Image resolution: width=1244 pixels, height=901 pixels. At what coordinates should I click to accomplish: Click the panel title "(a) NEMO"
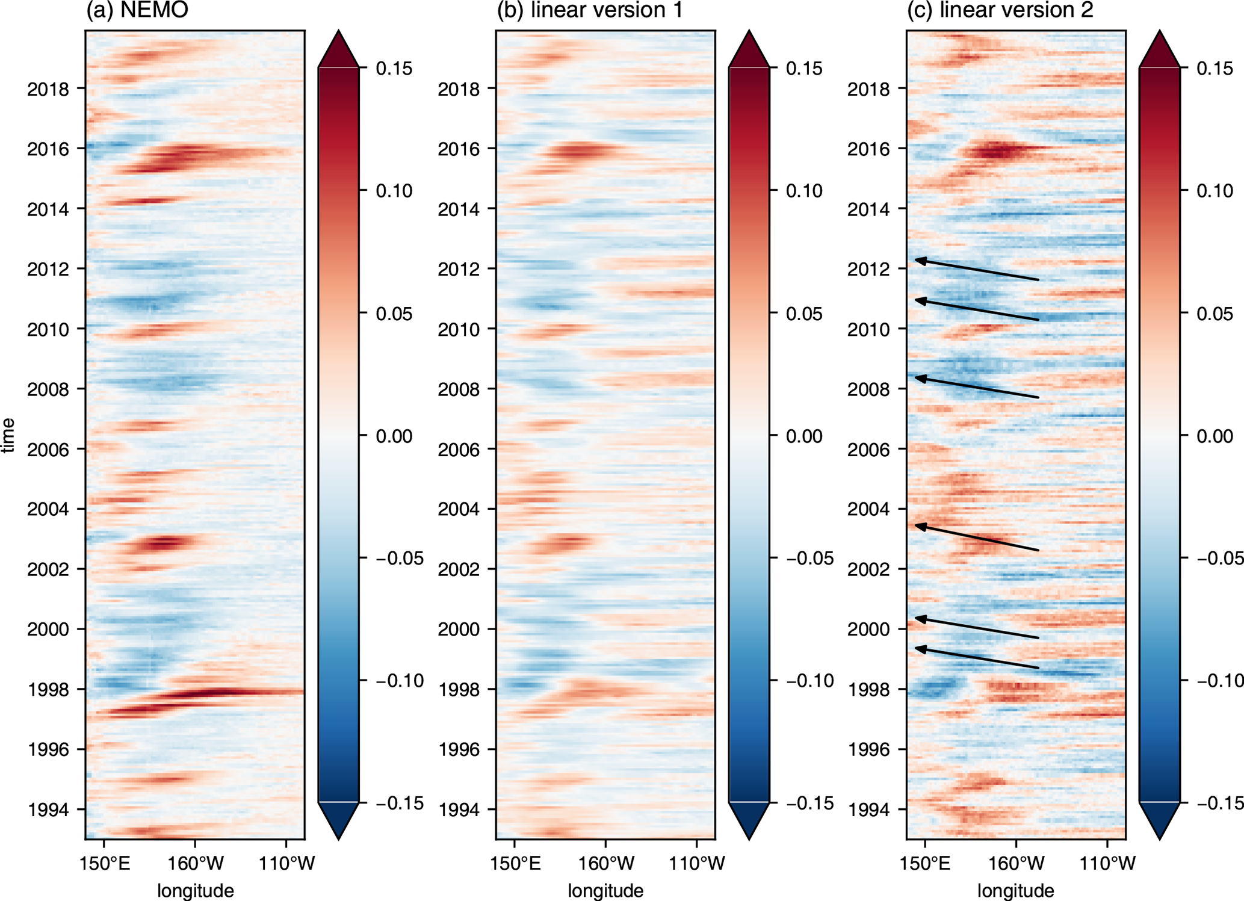pyautogui.click(x=137, y=10)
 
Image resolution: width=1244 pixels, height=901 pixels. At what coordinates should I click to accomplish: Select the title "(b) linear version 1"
pyautogui.click(x=589, y=10)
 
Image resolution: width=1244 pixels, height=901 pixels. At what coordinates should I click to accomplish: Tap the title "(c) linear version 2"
pyautogui.click(x=1000, y=10)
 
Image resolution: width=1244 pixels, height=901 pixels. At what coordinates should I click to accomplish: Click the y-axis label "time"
pyautogui.click(x=8, y=435)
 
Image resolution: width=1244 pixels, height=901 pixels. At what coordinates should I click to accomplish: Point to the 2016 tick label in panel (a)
pyautogui.click(x=48, y=149)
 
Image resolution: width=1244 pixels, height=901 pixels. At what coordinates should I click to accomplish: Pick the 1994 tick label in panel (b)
pyautogui.click(x=459, y=810)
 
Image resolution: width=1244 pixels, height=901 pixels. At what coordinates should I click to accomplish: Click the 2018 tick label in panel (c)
pyautogui.click(x=868, y=89)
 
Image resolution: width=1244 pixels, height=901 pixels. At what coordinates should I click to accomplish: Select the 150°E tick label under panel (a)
pyautogui.click(x=104, y=864)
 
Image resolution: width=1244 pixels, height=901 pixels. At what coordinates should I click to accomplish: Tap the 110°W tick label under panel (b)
pyautogui.click(x=697, y=864)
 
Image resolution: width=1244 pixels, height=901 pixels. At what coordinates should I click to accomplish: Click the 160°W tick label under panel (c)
pyautogui.click(x=1017, y=864)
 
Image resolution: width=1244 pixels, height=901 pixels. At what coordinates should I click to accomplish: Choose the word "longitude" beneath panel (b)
pyautogui.click(x=605, y=891)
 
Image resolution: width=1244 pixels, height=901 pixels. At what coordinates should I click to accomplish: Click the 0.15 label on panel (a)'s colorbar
pyautogui.click(x=394, y=69)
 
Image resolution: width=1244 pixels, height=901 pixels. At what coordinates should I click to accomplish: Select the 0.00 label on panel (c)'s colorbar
pyautogui.click(x=1215, y=436)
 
